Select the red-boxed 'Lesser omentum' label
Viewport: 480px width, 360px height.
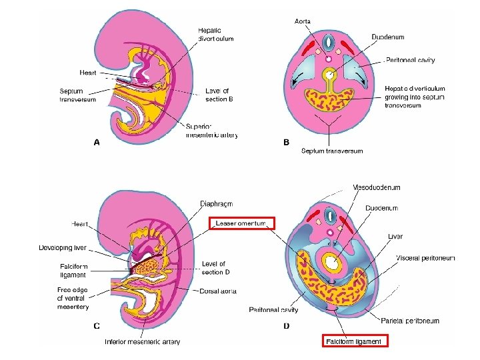241,223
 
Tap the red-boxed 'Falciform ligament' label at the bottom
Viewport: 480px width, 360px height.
354,341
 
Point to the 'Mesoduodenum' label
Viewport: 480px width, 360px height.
377,188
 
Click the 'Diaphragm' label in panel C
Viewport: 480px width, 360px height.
217,203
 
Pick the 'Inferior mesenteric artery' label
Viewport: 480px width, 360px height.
142,342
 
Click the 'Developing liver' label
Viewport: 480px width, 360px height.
63,248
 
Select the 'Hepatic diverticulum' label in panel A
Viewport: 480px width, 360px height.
215,34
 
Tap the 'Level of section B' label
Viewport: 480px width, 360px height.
219,95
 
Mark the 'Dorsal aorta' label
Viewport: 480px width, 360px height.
217,291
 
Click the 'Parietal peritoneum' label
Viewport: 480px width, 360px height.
410,321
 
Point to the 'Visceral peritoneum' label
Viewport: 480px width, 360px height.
425,258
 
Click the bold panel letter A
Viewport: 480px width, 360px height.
97,142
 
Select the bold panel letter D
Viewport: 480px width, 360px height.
286,326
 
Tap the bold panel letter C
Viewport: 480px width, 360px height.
97,326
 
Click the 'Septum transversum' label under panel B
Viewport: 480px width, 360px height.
332,151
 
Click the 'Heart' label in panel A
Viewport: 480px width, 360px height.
88,73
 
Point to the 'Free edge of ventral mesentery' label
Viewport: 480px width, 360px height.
73,299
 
